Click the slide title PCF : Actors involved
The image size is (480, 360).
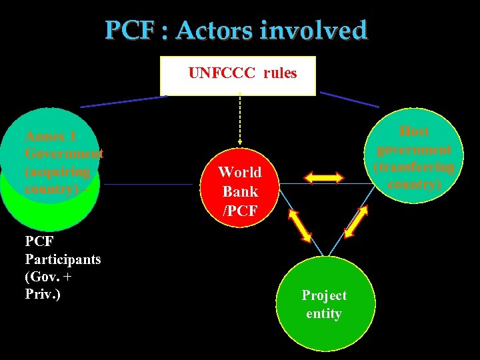point(236,30)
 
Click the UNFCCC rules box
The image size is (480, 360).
point(238,75)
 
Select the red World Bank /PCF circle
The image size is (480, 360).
point(239,191)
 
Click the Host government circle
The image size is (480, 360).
point(415,157)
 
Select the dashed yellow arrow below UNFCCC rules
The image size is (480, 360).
point(240,120)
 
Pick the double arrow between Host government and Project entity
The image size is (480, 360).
point(355,221)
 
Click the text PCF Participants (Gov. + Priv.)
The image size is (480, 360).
point(63,267)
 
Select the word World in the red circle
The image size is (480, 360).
point(239,172)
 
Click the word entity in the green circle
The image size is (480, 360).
point(323,313)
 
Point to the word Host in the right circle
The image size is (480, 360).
point(414,131)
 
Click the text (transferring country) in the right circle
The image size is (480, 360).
point(415,175)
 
